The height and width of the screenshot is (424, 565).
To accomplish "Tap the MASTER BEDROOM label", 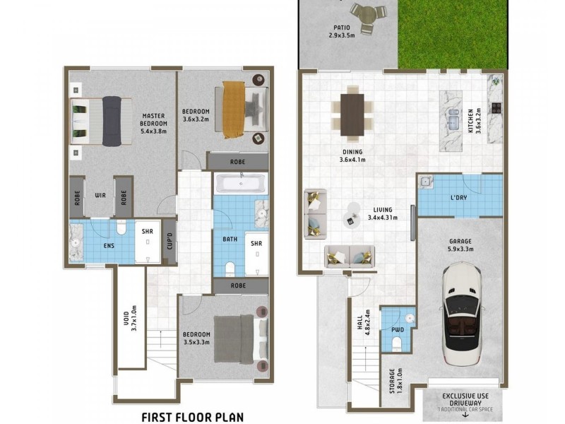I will pos(153,124).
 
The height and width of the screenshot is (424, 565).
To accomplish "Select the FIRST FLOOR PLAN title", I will pos(192,416).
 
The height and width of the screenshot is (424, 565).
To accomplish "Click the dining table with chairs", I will pos(352,114).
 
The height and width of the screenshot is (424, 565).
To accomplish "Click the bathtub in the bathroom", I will pos(240,184).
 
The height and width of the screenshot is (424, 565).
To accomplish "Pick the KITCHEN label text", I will pos(471,121).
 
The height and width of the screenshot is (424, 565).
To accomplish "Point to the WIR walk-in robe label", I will pos(100,195).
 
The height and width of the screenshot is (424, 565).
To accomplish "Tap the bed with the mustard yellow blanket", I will pos(236,110).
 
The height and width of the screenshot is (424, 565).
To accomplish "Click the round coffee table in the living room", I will pos(351,219).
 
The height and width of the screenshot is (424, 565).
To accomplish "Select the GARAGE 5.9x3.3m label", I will pos(460,245).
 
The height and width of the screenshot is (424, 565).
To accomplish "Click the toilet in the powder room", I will pos(397,343).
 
